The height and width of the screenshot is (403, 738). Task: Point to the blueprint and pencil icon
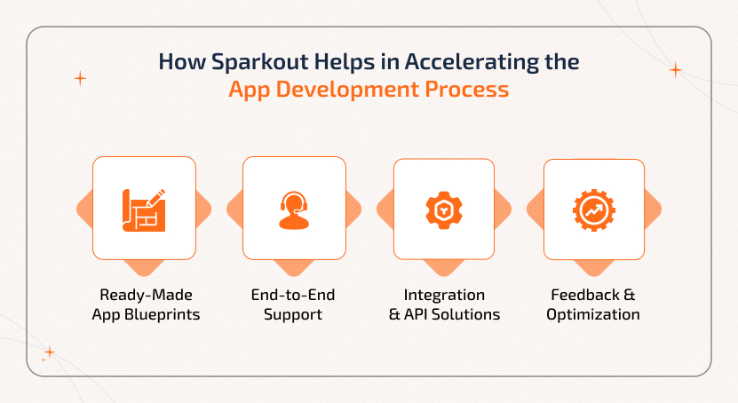[144, 209]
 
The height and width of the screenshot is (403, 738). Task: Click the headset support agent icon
[294, 209]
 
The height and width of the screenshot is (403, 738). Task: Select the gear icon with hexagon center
[444, 209]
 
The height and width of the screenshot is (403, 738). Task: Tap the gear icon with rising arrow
[594, 209]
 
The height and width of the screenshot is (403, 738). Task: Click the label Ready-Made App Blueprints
[144, 304]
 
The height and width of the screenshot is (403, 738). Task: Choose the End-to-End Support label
[294, 304]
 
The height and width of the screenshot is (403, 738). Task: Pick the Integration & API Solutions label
[444, 304]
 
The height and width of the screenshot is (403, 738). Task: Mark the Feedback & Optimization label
[593, 304]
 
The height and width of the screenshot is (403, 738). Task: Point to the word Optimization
[593, 314]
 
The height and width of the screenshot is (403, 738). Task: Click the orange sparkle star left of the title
[80, 78]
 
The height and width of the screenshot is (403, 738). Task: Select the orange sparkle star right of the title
[675, 70]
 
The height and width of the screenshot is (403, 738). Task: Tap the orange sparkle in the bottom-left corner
[49, 352]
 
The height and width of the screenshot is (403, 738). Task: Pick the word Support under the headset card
[294, 314]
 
